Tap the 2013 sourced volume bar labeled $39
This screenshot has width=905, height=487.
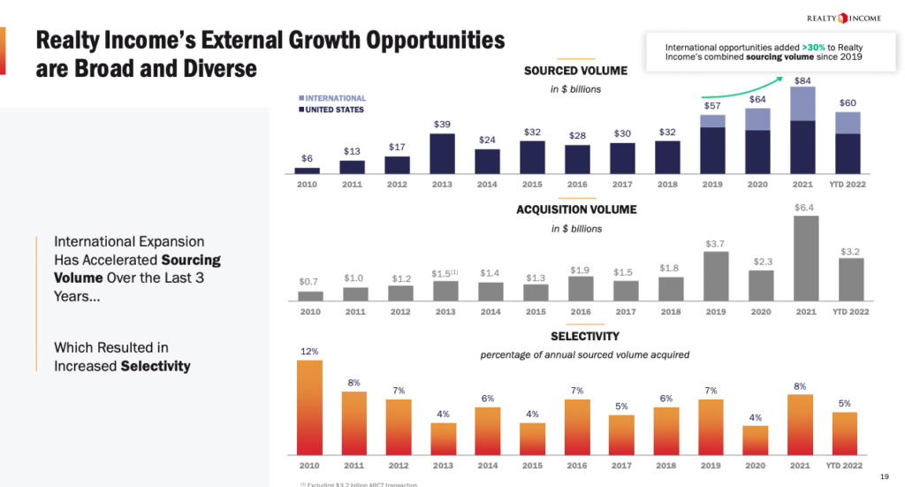point(442,153)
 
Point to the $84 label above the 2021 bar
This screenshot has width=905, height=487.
point(802,81)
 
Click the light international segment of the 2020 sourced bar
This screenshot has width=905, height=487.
point(757,120)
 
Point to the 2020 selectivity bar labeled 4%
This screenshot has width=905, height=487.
point(757,439)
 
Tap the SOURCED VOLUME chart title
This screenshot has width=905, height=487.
point(575,71)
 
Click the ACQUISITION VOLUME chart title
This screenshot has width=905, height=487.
point(575,209)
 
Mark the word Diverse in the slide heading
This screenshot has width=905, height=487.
point(209,68)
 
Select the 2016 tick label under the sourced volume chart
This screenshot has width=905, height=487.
point(577,185)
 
